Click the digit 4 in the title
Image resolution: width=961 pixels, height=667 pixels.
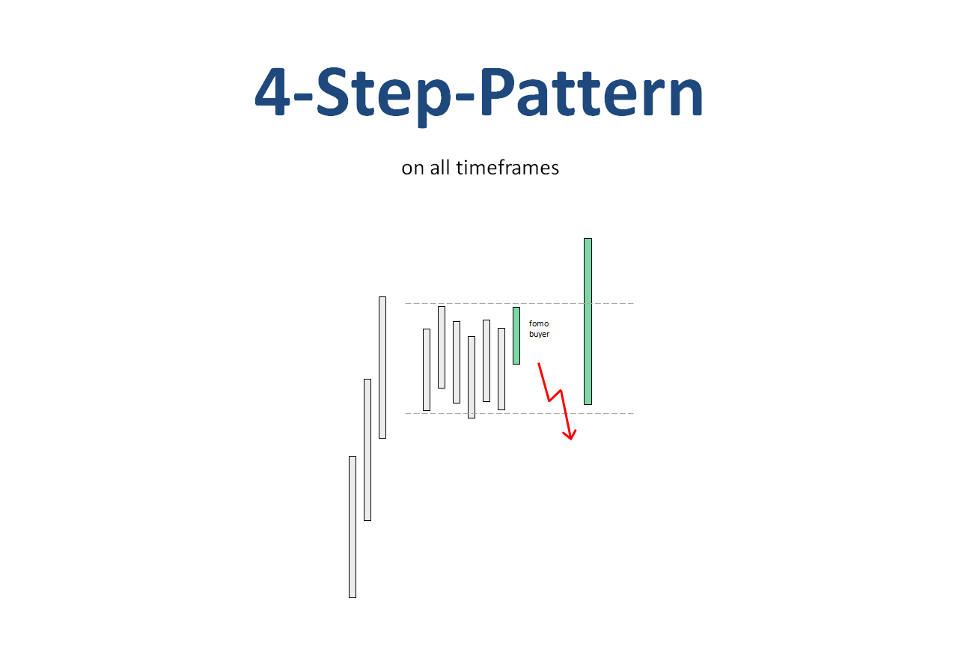click(272, 91)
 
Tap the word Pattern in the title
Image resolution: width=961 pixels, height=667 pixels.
click(592, 91)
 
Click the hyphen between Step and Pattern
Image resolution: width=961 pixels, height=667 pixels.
click(464, 97)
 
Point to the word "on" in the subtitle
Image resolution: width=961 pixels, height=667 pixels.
click(412, 168)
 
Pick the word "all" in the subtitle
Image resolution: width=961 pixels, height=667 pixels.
click(440, 167)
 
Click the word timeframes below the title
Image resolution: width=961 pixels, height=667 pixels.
click(507, 167)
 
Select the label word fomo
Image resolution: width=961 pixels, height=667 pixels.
click(539, 323)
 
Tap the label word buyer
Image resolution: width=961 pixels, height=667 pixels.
click(540, 335)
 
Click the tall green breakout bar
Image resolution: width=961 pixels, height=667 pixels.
click(588, 321)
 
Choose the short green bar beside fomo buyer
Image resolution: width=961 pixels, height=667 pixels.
click(516, 335)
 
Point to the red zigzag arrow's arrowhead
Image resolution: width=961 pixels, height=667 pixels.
click(570, 435)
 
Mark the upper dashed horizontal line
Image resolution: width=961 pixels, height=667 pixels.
click(519, 303)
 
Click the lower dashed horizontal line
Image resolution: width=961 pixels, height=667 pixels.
click(519, 414)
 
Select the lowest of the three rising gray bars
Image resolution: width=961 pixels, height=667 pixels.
click(353, 527)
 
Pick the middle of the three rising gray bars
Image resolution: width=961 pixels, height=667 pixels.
click(367, 450)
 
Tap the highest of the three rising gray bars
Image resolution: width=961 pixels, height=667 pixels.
click(382, 368)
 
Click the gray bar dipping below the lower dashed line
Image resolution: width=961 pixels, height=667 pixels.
click(472, 377)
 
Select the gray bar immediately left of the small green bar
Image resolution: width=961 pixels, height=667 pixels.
click(501, 369)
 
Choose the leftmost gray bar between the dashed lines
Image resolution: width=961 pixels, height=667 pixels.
click(427, 370)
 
